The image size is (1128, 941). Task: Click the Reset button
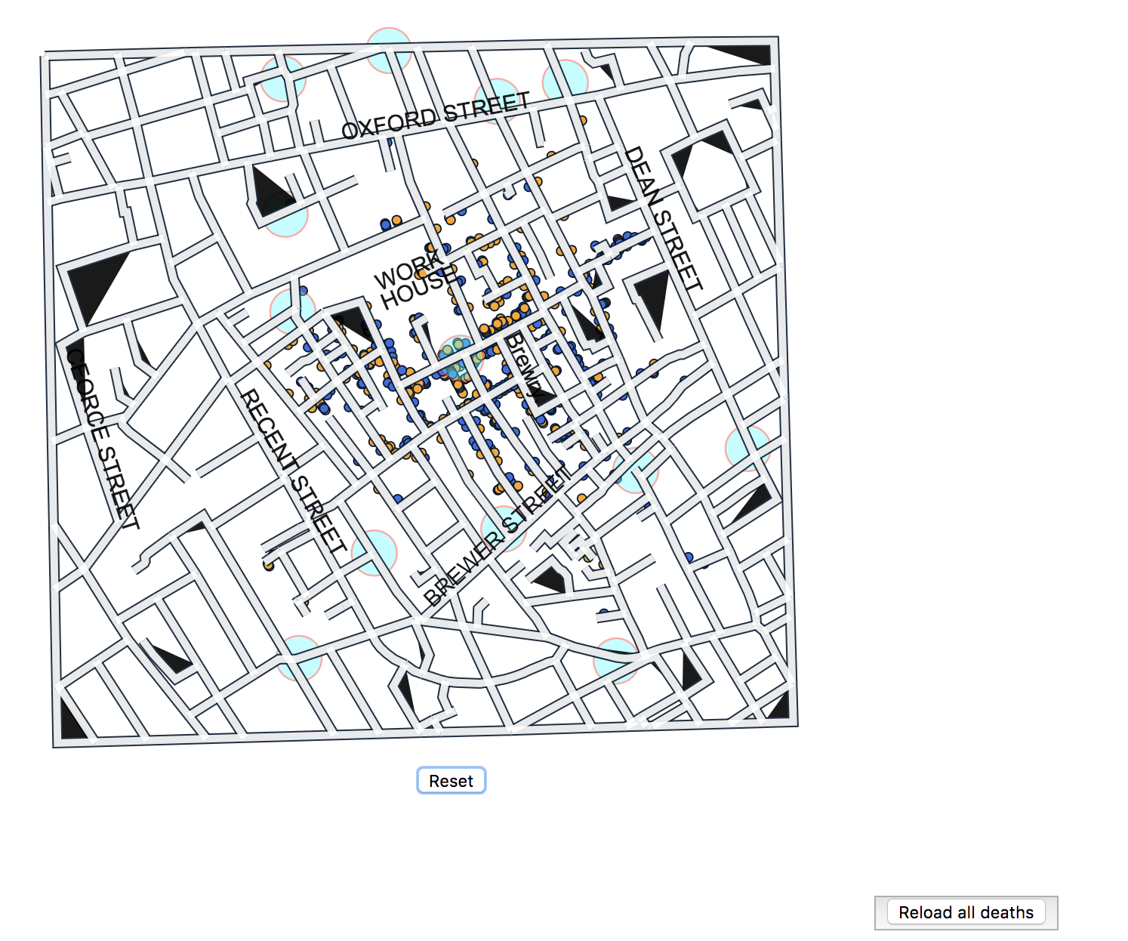pos(451,780)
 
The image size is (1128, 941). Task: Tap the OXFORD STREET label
pos(436,116)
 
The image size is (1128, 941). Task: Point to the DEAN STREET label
pos(662,218)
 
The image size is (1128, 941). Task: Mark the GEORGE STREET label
pos(102,439)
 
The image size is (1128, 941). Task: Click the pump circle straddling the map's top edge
pos(389,50)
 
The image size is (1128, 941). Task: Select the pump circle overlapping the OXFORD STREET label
pos(498,100)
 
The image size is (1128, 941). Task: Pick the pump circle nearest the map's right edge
pos(747,448)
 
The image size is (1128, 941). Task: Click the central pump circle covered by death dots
pos(459,358)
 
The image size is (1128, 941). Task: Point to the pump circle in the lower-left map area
pos(299,658)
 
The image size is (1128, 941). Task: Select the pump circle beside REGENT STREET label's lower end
pos(374,552)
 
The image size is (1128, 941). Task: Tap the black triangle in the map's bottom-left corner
pos(71,721)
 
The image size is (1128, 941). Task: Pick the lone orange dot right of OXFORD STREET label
pos(583,120)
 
